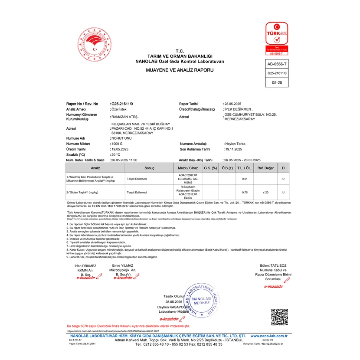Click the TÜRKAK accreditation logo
(x=276, y=39)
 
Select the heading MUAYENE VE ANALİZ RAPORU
(x=179, y=70)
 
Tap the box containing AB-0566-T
(x=276, y=64)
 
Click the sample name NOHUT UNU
(x=123, y=138)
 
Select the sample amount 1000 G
(x=118, y=143)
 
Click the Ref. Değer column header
(x=265, y=167)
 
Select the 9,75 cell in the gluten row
(x=245, y=192)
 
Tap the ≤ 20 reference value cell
(x=265, y=192)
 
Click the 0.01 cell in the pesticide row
(x=245, y=179)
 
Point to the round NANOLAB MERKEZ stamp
(x=201, y=300)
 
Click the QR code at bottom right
(x=280, y=317)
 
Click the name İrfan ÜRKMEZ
(x=85, y=265)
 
